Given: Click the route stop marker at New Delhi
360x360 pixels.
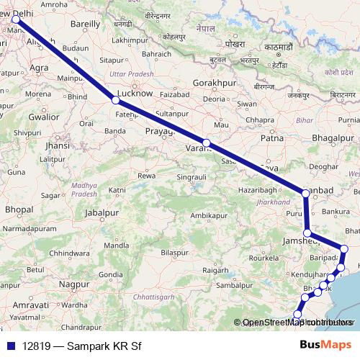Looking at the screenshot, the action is click(16, 20).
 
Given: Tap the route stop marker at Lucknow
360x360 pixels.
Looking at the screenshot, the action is click(115, 100).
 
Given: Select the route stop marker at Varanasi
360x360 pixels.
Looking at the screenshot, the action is click(207, 143).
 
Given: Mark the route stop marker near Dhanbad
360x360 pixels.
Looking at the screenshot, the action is click(306, 192).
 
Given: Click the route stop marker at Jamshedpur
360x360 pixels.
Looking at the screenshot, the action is click(307, 233).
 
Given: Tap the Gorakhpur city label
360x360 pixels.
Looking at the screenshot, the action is click(215, 84).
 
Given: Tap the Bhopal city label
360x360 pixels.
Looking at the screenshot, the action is click(19, 209).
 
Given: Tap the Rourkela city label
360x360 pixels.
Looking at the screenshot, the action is click(260, 257).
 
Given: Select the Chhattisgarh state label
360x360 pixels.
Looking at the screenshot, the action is click(155, 297).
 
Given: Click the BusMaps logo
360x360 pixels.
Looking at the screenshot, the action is click(328, 346).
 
